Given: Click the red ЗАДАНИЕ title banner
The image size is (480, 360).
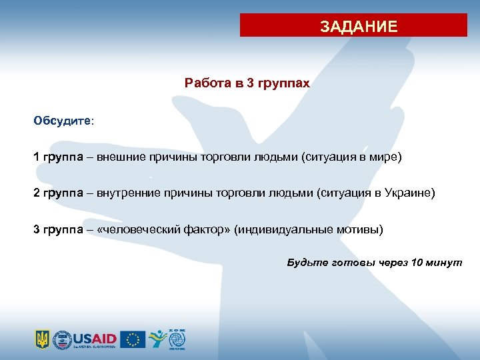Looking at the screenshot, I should (x=354, y=26).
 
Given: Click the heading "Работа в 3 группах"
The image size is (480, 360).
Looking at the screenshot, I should (x=247, y=84).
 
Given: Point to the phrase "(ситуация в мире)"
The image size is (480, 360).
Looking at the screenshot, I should (x=352, y=157).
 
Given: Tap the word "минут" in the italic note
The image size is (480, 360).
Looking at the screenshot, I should (x=445, y=262).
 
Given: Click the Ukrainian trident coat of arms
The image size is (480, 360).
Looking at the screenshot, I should (x=42, y=339).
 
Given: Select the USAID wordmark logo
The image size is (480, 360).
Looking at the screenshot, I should (x=95, y=337).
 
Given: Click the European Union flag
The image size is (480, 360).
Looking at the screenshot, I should (x=133, y=339).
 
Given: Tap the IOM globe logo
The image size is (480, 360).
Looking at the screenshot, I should (x=177, y=339).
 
